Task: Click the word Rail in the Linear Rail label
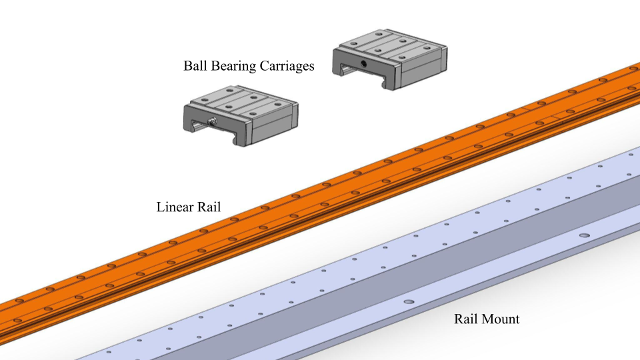pyautogui.click(x=210, y=207)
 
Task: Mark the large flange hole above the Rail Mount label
pyautogui.click(x=408, y=302)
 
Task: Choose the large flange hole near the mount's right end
pyautogui.click(x=585, y=235)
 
